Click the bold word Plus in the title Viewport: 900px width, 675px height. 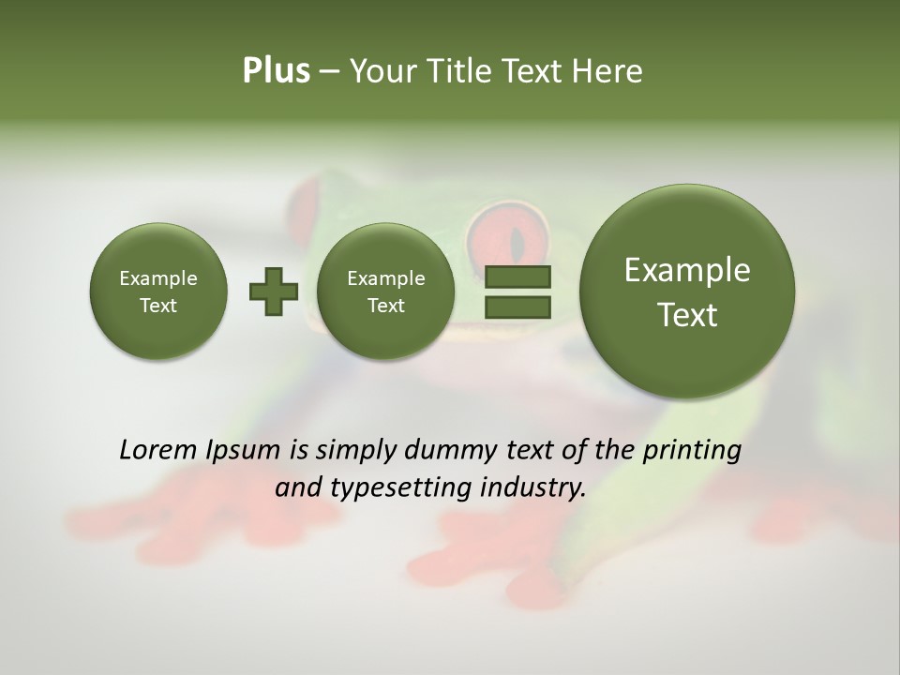pos(276,71)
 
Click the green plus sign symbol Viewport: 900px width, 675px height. pos(273,292)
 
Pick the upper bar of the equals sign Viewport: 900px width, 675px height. pos(517,277)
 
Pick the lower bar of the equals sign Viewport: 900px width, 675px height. pos(517,306)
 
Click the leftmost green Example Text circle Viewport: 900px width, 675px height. pos(158,292)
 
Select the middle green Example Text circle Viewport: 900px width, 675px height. pos(385,292)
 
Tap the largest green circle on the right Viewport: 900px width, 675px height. pos(687,292)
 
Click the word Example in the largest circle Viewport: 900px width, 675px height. pos(687,270)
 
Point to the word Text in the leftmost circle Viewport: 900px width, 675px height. pos(158,306)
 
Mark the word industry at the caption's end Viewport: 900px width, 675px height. pos(534,488)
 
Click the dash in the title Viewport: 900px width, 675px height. pos(329,72)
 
